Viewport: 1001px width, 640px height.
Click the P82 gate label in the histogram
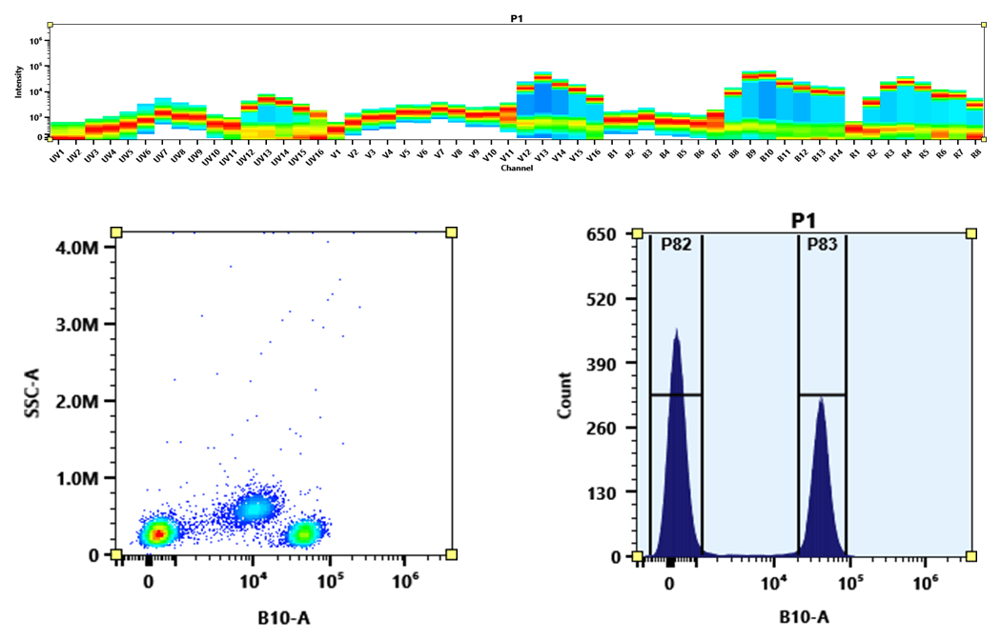pos(676,244)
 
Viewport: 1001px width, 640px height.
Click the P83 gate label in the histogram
pos(822,244)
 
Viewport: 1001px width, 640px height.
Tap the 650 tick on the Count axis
pos(624,234)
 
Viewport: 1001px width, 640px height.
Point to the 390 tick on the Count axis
pos(624,363)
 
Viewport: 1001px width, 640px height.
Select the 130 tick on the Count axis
pos(624,492)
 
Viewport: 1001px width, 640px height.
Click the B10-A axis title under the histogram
pos(802,617)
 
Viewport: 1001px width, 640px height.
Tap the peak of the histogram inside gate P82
pos(676,330)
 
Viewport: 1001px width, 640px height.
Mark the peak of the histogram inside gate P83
pos(820,398)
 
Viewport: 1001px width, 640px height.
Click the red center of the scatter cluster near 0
pos(160,533)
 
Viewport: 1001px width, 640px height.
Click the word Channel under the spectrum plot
pos(516,167)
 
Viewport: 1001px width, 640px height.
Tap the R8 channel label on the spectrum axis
pos(975,153)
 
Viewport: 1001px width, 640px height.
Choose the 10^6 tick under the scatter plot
pos(405,580)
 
